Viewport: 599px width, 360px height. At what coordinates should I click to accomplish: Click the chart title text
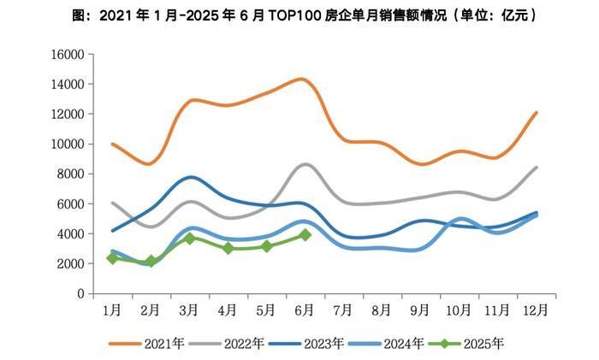point(299,16)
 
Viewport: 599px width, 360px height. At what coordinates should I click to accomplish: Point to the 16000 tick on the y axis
point(68,55)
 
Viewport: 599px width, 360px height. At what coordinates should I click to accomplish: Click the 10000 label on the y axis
point(68,145)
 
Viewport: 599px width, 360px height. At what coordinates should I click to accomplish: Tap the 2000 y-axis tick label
point(70,264)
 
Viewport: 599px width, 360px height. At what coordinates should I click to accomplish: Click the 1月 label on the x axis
point(111,308)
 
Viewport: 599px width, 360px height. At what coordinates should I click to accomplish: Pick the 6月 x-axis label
point(304,308)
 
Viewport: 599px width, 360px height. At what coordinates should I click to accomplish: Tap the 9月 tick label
point(420,308)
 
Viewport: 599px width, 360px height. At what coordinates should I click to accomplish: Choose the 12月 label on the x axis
point(537,308)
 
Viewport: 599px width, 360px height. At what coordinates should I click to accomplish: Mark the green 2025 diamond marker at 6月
point(305,234)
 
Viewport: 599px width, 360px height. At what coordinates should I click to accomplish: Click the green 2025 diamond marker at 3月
point(189,239)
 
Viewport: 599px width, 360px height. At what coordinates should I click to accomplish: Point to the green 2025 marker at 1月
point(112,258)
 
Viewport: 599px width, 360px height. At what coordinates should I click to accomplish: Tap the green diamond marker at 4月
point(228,248)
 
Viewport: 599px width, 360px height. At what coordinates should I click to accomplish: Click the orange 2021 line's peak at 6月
point(302,79)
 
